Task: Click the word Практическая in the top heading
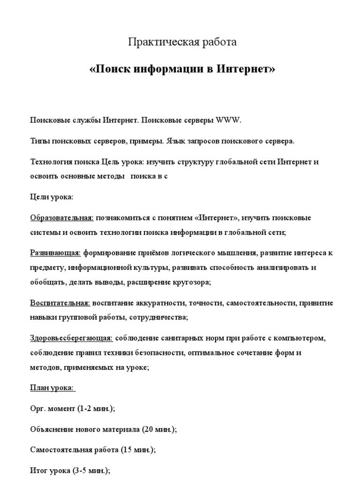point(158,42)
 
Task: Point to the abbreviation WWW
point(228,120)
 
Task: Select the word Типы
point(40,141)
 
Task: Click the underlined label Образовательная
point(62,218)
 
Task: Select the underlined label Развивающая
point(55,254)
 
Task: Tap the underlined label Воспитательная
point(60,303)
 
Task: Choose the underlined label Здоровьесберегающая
point(71,338)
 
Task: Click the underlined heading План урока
point(52,388)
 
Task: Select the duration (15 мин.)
point(138,450)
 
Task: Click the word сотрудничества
point(157,317)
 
